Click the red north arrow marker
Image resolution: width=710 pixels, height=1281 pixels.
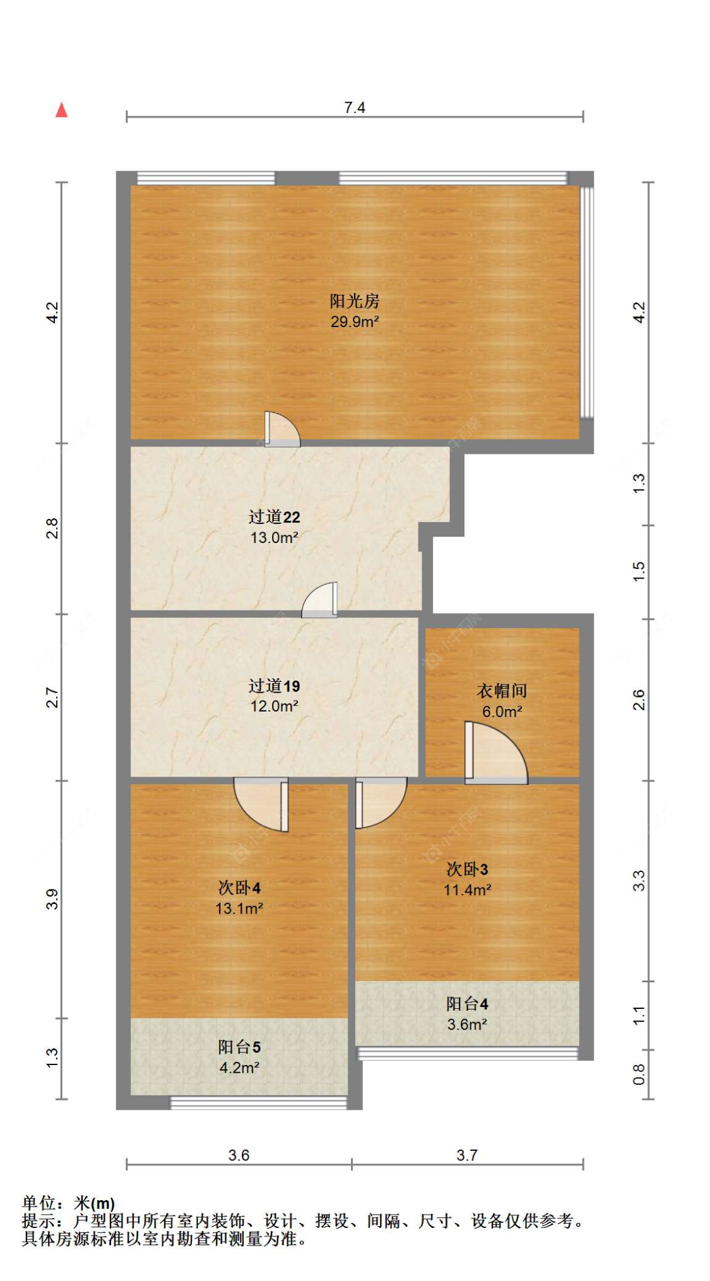pos(61,110)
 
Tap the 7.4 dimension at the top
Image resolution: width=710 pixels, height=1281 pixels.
pos(354,107)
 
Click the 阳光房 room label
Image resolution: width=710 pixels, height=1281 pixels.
pos(354,301)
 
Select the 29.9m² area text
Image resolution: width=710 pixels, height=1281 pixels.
pos(354,321)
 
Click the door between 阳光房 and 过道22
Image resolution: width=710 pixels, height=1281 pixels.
pos(281,430)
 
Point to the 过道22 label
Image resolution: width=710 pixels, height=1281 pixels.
pos(274,517)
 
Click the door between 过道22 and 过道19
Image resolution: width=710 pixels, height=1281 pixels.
pos(321,600)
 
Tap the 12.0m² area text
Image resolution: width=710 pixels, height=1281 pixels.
pos(274,706)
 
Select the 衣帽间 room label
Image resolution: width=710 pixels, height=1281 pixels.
pos(501,691)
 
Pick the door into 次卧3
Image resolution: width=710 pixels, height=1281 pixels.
pos(379,802)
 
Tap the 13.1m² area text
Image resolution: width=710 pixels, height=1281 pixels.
pos(239,908)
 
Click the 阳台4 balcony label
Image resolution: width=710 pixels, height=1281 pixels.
pos(467,1003)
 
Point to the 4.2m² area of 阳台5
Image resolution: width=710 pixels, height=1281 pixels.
pos(239,1068)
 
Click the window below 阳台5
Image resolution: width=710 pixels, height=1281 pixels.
pos(259,1102)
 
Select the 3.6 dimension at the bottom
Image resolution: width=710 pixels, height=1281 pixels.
pos(239,1155)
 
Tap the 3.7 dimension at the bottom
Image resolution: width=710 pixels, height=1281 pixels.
pos(467,1155)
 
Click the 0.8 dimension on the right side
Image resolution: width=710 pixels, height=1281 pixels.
pos(639,1074)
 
